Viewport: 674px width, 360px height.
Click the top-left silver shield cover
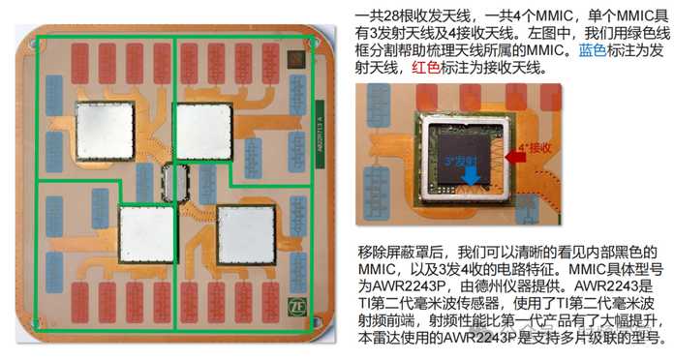click(104, 131)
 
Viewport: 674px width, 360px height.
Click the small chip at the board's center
click(175, 181)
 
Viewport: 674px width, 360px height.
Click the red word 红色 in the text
click(429, 68)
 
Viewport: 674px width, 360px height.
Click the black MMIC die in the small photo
click(467, 163)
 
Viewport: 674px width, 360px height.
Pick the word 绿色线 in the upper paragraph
click(640, 32)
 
